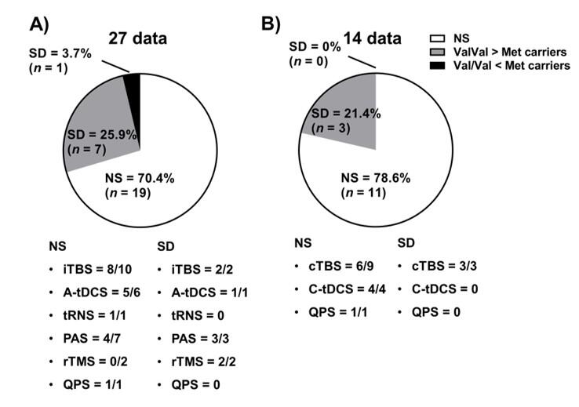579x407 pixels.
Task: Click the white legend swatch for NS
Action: [439, 37]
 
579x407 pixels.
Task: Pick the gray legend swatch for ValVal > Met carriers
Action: [439, 52]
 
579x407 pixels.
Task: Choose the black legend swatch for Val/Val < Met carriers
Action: [439, 67]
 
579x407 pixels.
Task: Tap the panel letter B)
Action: [271, 24]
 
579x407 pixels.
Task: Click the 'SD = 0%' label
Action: [312, 46]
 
